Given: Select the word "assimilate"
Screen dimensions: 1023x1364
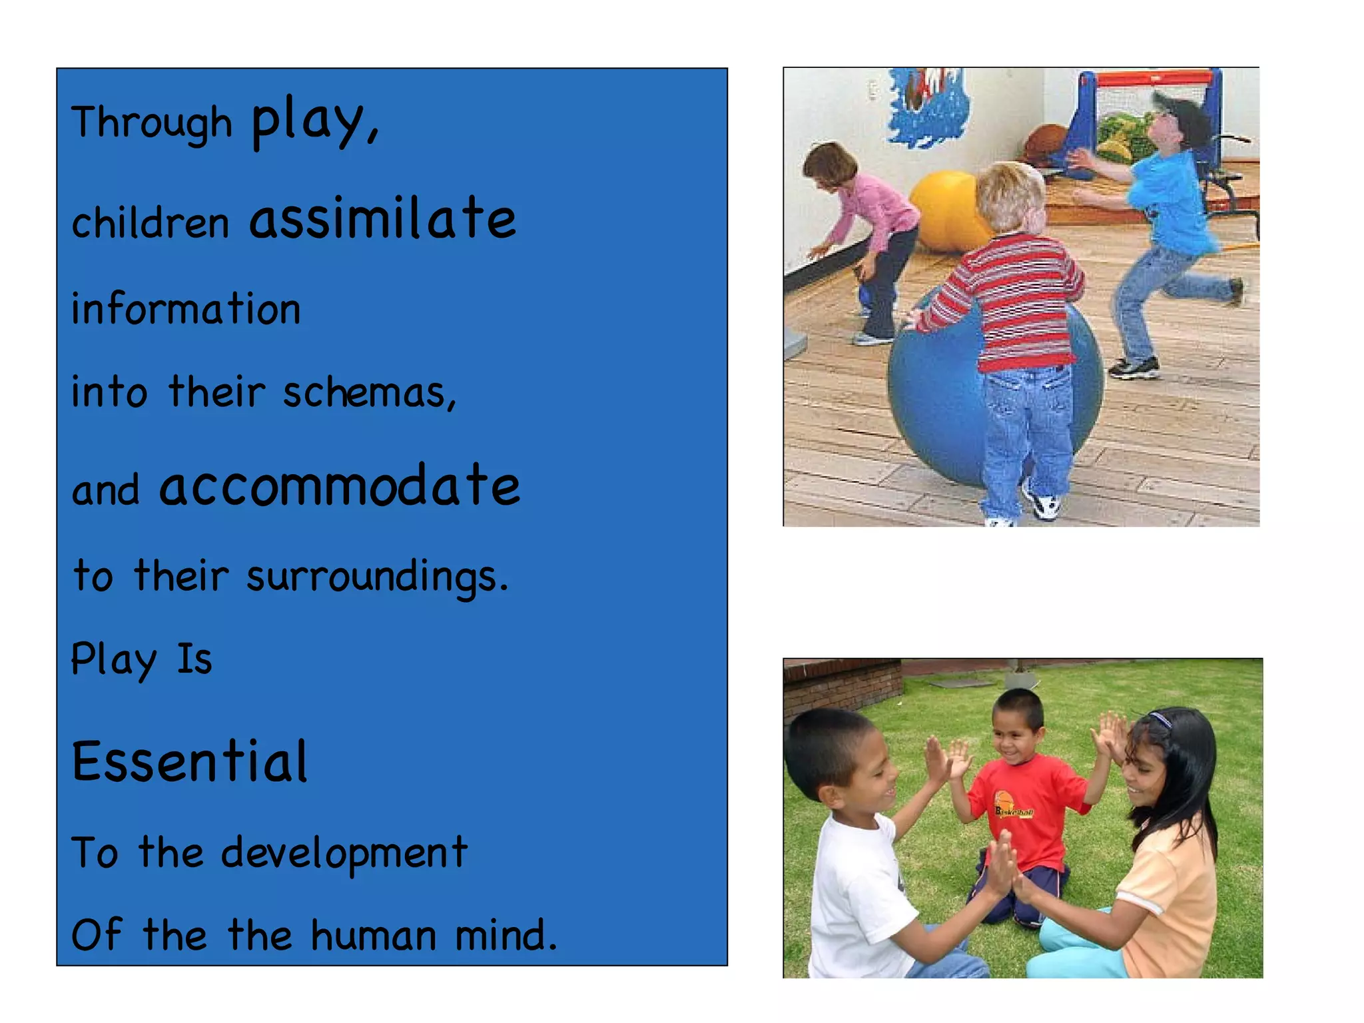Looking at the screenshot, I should [382, 218].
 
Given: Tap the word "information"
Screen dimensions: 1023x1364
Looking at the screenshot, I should [186, 309].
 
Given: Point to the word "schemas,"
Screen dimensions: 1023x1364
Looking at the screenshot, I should [370, 392].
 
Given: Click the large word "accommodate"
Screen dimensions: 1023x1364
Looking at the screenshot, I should [339, 486].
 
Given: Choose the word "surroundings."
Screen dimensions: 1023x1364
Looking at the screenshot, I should [377, 576].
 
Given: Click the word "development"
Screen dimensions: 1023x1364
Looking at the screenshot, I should [344, 853].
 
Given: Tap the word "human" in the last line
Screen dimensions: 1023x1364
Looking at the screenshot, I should [374, 935].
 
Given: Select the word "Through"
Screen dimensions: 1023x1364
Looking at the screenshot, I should [152, 123].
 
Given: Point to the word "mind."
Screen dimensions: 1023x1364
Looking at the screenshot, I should [506, 935].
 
